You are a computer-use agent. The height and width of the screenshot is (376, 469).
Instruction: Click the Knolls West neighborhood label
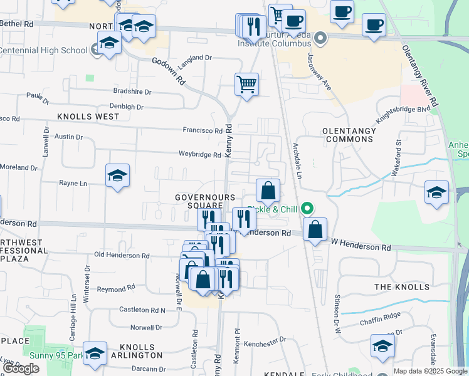click(88, 117)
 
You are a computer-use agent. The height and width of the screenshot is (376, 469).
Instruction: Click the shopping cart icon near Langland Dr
click(247, 83)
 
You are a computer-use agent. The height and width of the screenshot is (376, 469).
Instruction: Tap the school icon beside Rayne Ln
click(117, 176)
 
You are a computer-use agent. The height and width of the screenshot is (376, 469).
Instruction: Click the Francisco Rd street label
click(203, 130)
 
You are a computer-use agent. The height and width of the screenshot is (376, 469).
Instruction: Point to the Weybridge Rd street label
click(199, 154)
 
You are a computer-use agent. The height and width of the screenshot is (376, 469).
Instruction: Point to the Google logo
click(21, 369)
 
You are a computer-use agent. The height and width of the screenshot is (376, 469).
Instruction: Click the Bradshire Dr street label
click(132, 91)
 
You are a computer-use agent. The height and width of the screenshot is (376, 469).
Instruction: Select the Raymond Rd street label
click(116, 288)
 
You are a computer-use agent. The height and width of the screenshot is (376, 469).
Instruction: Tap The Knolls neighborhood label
click(402, 287)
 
